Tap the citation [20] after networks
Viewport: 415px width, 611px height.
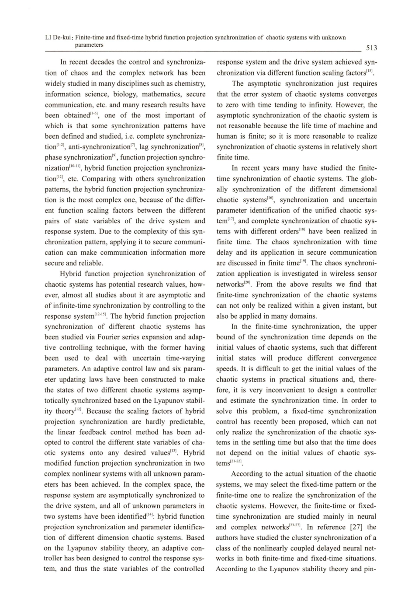tap(248, 283)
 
